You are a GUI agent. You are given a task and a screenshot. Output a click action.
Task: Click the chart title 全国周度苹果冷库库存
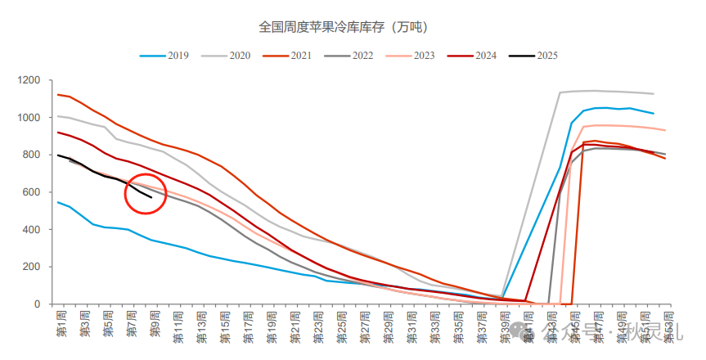coord(344,27)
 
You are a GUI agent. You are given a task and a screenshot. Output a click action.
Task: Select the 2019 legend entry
coord(164,56)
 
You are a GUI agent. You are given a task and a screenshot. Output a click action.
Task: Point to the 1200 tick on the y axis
coord(29,80)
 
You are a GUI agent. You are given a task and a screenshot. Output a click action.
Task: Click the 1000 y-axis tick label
coord(29,118)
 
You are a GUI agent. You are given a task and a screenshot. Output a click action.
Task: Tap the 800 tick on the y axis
coord(32,155)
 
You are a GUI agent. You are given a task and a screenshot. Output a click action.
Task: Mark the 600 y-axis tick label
coord(32,192)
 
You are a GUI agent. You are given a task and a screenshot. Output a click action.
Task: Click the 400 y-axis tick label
coord(32,230)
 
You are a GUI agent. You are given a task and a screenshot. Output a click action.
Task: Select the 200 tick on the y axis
coord(32,267)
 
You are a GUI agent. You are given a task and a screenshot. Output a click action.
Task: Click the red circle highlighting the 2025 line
coord(146,193)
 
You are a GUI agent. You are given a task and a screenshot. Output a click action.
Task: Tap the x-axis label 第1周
coord(61,323)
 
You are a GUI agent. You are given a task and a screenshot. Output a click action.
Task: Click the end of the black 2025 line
coord(151,197)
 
